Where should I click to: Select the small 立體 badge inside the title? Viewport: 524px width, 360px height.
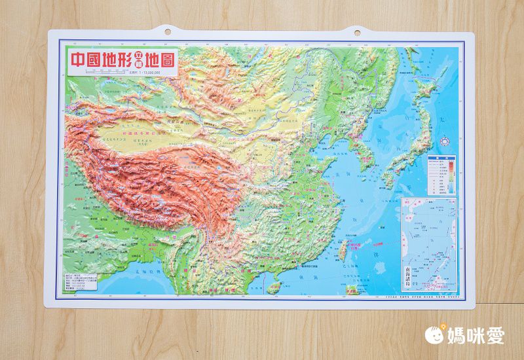point(138,61)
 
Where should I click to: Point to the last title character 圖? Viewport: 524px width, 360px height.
point(166,60)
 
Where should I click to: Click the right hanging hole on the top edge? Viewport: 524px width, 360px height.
point(358,30)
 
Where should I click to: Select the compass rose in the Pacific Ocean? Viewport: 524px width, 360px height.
point(446,139)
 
